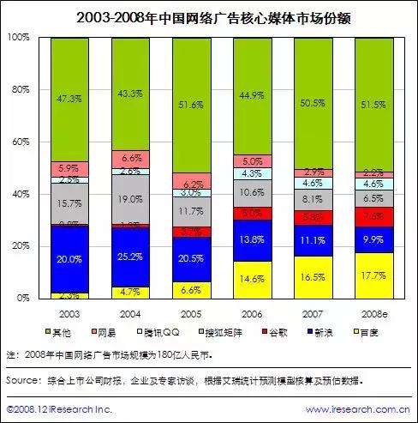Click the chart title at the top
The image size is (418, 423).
(208, 16)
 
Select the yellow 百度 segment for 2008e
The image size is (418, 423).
(373, 275)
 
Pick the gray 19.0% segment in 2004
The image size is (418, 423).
(130, 199)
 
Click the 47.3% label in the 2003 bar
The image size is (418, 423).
(69, 100)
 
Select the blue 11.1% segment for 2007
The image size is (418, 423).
(313, 241)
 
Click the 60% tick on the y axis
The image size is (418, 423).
(20, 142)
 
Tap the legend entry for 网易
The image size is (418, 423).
(104, 331)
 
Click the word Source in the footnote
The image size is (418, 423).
(25, 378)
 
